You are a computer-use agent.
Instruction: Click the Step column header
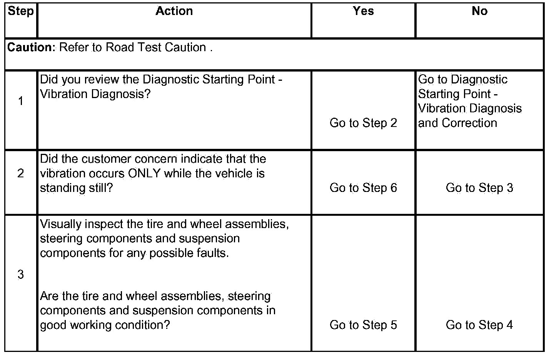click(21, 11)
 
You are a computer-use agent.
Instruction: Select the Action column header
click(174, 11)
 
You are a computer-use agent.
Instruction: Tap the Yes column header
click(363, 11)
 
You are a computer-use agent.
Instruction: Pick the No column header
click(479, 11)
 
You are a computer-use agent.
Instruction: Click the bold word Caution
click(32, 47)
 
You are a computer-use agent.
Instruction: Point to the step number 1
click(21, 101)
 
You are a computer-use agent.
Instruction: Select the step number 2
click(21, 173)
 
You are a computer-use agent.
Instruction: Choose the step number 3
click(21, 275)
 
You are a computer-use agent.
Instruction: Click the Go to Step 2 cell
click(363, 123)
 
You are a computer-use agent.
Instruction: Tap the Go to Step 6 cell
click(363, 188)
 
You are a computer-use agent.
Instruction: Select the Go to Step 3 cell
click(479, 188)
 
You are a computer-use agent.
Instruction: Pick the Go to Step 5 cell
click(363, 325)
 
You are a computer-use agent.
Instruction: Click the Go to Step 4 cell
click(479, 325)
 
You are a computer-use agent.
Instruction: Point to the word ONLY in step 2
click(144, 173)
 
